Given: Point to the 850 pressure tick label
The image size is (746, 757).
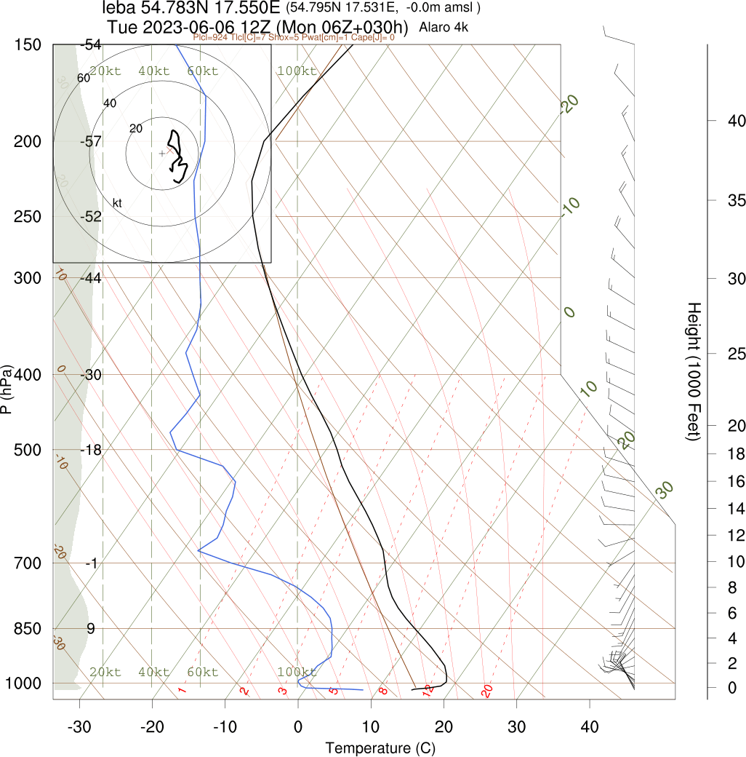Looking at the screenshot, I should [x=28, y=628].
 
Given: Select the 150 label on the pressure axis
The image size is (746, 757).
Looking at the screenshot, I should [x=28, y=45].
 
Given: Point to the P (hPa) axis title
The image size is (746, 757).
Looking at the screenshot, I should [x=7, y=389].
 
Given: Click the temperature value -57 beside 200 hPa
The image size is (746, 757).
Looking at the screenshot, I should [x=91, y=141].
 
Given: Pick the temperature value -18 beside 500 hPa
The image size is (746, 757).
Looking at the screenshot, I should [x=91, y=449].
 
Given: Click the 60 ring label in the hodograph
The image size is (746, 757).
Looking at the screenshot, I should [x=83, y=78].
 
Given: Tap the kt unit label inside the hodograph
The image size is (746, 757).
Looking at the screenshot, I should [x=116, y=202].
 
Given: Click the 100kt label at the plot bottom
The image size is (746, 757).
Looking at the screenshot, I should [x=297, y=672].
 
